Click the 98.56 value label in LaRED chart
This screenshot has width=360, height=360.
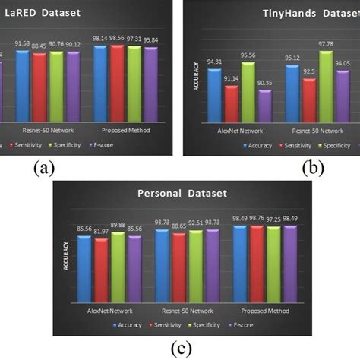[x=117, y=37]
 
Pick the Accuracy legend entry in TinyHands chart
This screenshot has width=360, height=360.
[x=257, y=144]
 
